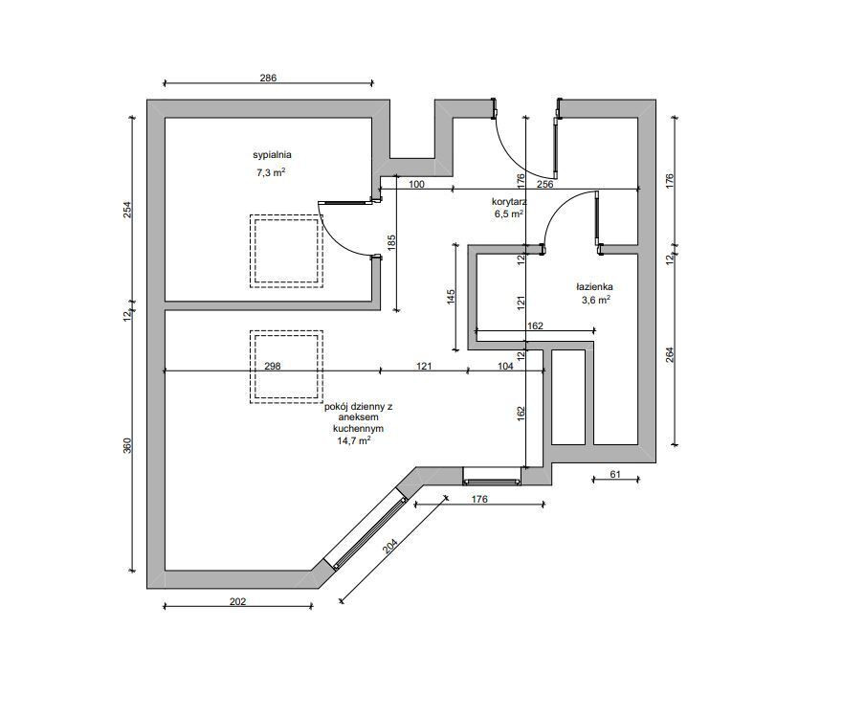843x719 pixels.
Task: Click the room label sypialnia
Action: click(272, 155)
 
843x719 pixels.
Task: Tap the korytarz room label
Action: click(509, 202)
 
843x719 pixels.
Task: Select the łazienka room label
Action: click(594, 287)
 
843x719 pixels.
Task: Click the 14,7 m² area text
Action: click(354, 440)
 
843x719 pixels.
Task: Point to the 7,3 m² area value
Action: click(271, 172)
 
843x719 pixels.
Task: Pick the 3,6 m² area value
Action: click(596, 300)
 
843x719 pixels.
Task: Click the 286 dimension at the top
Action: click(268, 78)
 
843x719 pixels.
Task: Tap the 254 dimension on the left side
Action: click(127, 210)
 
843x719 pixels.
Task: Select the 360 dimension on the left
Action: click(127, 446)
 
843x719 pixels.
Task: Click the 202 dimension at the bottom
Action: click(237, 601)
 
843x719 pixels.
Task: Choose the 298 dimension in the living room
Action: click(273, 367)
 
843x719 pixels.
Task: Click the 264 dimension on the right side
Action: click(670, 355)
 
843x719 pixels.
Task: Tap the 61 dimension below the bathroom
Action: click(615, 474)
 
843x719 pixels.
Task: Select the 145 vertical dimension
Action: click(451, 297)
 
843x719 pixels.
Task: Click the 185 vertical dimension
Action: click(391, 242)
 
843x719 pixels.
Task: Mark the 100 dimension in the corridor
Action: click(416, 185)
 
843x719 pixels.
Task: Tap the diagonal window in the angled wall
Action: click(371, 533)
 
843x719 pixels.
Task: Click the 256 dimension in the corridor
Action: click(544, 185)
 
